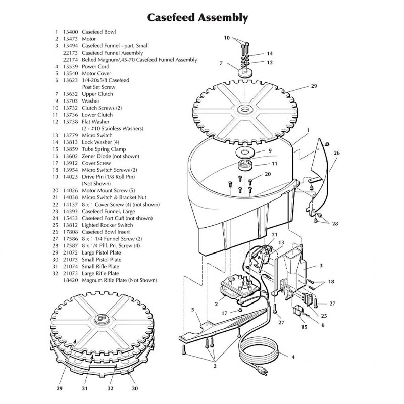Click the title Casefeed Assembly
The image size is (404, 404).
[197, 18]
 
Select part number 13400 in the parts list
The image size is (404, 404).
[70, 32]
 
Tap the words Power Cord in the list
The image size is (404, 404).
[96, 66]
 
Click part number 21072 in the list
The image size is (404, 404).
[70, 252]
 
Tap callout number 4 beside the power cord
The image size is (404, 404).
[293, 357]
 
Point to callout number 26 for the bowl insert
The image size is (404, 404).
[337, 153]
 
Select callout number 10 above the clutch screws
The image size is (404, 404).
[227, 38]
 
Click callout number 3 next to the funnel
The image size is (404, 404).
[320, 265]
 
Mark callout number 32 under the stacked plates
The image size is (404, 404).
[110, 389]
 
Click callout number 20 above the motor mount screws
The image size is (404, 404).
[268, 174]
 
